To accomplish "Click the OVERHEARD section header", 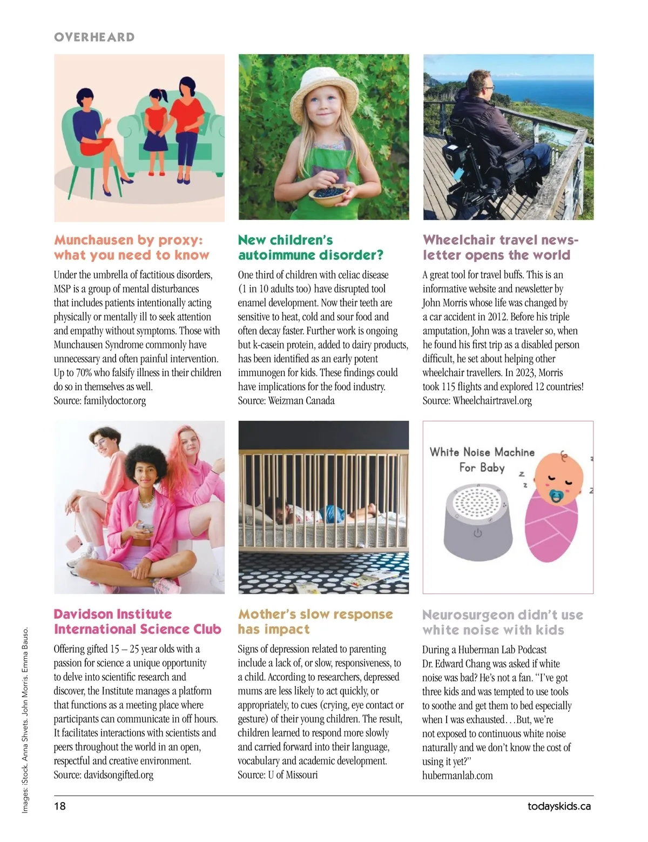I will (94, 37).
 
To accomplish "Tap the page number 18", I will (59, 806).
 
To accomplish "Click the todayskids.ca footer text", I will (559, 806).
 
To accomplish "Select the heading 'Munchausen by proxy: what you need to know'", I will (131, 248).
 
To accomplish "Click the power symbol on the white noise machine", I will (477, 534).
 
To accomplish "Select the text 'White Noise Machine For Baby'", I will (482, 459).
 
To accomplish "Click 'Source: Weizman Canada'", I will (286, 401).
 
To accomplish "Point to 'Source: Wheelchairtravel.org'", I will (477, 401).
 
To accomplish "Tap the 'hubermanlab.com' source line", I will (457, 776).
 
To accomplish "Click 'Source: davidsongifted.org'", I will (103, 775).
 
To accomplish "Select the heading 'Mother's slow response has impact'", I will (315, 622).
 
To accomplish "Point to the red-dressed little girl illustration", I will (156, 124).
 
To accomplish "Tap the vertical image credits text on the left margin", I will (25, 719).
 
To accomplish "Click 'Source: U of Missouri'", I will (278, 775).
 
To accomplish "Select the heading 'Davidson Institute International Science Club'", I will (137, 622).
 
